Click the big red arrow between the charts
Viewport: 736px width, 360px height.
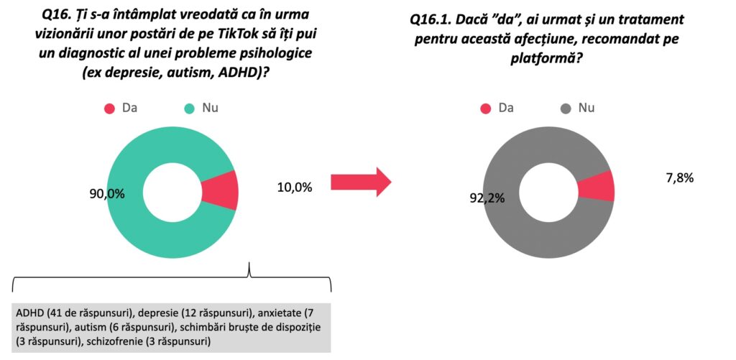pyautogui.click(x=359, y=183)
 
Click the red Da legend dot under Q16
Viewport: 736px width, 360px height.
pyautogui.click(x=109, y=109)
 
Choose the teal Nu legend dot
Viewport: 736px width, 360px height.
pyautogui.click(x=190, y=109)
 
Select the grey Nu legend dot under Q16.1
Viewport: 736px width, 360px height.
pyautogui.click(x=566, y=109)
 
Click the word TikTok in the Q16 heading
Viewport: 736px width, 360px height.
pyautogui.click(x=247, y=34)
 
